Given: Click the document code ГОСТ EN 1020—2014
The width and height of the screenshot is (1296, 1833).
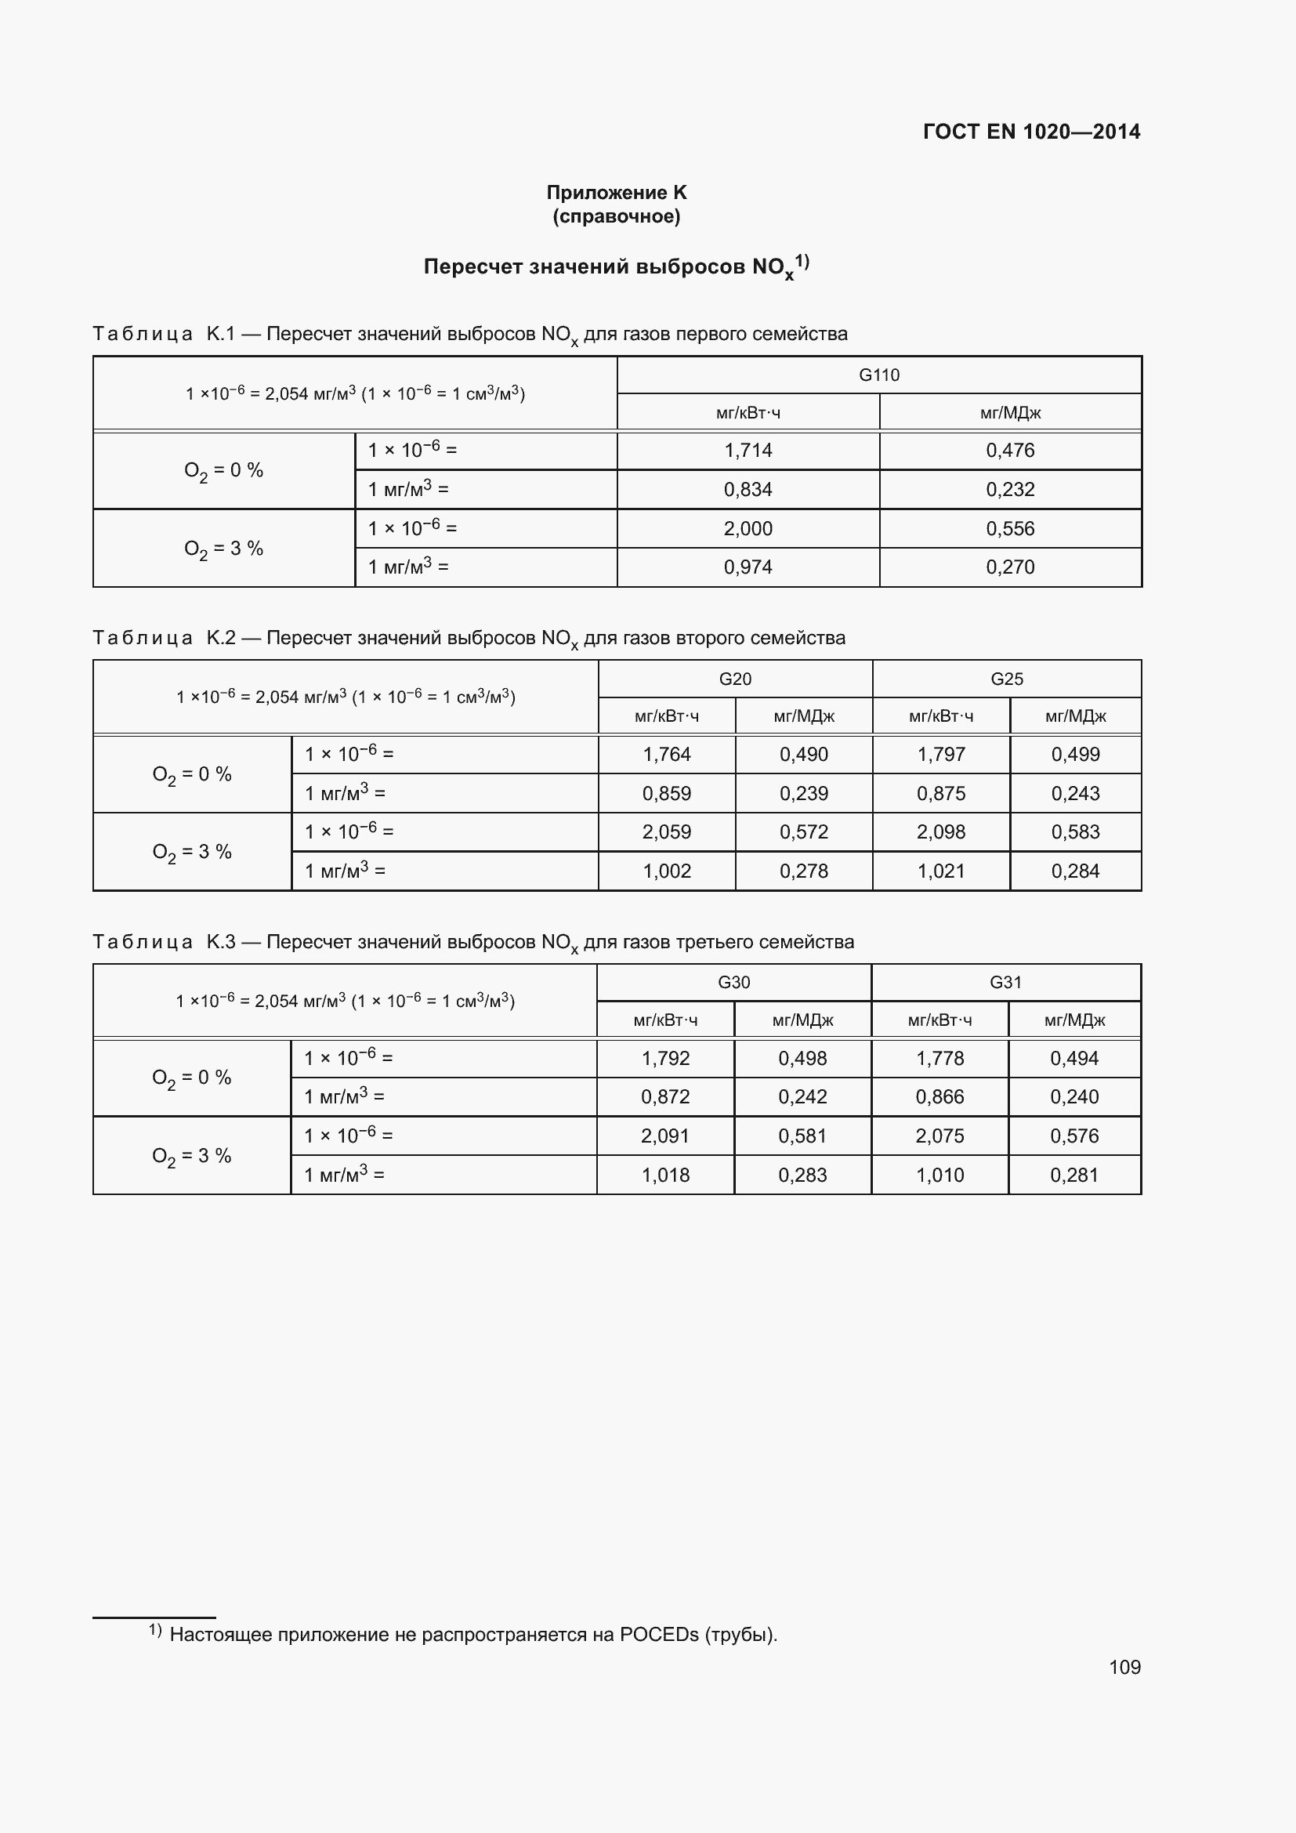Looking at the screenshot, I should coord(1031,132).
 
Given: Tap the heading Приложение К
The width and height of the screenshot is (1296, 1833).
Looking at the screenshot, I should coord(616,193).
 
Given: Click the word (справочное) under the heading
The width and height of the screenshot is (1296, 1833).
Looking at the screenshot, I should coord(616,216).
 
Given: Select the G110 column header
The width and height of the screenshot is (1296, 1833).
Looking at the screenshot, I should coord(878,375).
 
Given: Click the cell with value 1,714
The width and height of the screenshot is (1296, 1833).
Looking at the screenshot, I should coord(748,451).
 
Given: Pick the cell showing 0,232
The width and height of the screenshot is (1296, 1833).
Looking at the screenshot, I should coord(1009,489).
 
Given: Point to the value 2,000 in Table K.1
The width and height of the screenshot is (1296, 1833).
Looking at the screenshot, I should coord(748,528).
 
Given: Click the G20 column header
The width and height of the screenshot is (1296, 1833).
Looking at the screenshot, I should coord(735,679).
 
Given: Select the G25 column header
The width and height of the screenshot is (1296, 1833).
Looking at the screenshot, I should coord(1006,679).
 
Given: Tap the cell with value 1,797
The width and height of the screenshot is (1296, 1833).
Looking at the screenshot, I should coord(941,755).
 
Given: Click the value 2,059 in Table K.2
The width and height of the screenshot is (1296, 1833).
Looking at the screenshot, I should coord(666,832).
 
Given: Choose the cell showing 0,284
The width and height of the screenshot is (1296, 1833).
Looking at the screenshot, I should coord(1075,871).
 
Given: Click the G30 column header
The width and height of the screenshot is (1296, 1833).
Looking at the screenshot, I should coord(733,983).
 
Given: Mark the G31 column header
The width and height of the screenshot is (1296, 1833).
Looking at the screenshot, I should coord(1005,983).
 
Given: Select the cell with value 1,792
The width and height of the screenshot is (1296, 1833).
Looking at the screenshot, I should coord(665,1059).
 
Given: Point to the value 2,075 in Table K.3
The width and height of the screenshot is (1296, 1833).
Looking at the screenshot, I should coord(939,1136).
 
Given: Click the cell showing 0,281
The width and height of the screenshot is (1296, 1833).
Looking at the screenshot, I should coord(1074,1176).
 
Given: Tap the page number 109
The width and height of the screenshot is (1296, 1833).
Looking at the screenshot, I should coord(1124,1668).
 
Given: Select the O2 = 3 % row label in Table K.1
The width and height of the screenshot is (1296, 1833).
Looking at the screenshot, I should coord(223,549).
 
